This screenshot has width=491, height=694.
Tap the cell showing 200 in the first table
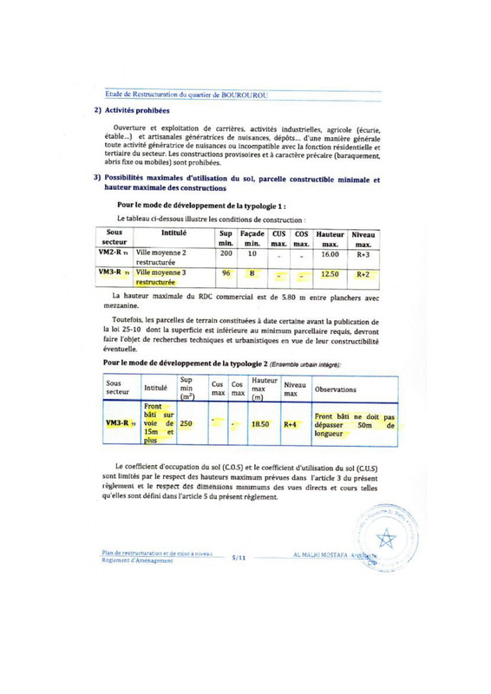[223, 230]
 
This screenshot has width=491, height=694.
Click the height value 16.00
[329, 230]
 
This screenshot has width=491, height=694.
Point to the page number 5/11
[243, 560]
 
